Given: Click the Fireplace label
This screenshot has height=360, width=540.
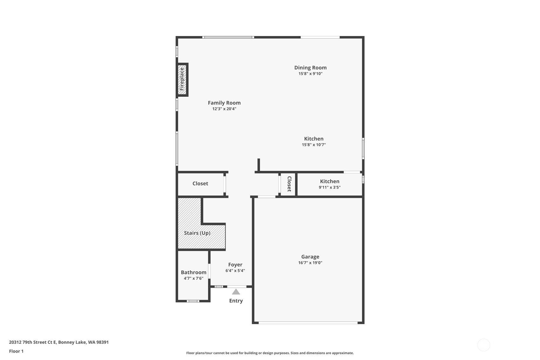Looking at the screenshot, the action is (182, 79).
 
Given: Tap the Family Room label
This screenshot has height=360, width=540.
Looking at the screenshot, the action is (224, 103).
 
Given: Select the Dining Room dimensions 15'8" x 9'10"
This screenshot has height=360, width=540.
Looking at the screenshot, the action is (310, 74).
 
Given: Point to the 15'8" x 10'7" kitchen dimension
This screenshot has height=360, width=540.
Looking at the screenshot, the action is (314, 145).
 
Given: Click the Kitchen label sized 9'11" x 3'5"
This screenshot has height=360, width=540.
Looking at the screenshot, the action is (330, 181).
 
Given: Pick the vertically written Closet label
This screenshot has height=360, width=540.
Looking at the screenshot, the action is (289, 184).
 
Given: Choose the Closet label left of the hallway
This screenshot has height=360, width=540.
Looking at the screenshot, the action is (200, 183).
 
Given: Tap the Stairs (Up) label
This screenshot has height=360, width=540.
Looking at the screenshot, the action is (197, 233).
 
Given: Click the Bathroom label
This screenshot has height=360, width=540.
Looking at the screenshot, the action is (193, 272).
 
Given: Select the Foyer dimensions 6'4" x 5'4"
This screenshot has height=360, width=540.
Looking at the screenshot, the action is (235, 271).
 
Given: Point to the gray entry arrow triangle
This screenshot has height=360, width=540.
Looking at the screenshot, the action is (236, 292).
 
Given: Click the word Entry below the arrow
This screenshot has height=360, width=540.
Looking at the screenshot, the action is (236, 301).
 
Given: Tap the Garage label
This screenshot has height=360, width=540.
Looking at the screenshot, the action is (310, 257).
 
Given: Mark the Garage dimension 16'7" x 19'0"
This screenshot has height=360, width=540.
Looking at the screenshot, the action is (310, 263).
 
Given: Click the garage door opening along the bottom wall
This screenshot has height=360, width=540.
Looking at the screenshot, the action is (308, 323).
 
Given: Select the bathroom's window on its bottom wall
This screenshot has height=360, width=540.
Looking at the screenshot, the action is (193, 301).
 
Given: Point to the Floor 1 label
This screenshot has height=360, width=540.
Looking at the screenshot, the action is (16, 351).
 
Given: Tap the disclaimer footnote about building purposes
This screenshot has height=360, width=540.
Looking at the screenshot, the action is (270, 353).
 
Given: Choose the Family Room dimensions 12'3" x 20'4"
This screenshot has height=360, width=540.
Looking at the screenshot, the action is (224, 109).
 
